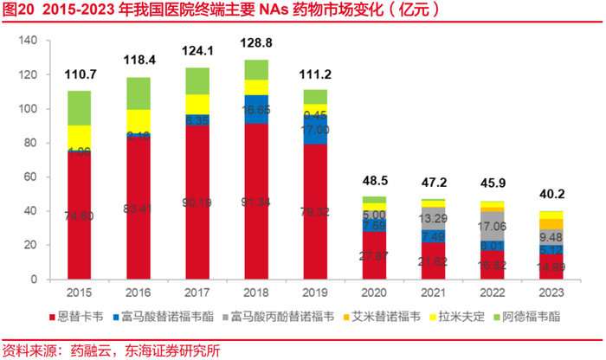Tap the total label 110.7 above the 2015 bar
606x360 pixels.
click(x=79, y=74)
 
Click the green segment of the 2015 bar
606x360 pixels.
click(x=79, y=108)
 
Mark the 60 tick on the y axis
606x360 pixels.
click(x=29, y=177)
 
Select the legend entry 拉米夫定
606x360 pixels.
click(x=465, y=318)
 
